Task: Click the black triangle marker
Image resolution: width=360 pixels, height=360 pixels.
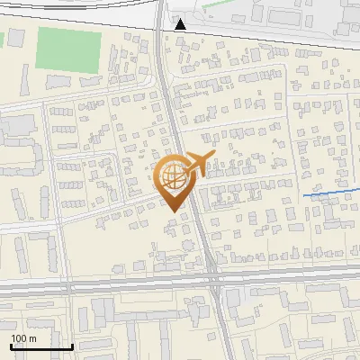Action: pos(181,24)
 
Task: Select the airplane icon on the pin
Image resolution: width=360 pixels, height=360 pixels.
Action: pos(193,165)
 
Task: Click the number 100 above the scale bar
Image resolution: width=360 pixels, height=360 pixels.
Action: pos(19,337)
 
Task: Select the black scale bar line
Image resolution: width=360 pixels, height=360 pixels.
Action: pos(41,346)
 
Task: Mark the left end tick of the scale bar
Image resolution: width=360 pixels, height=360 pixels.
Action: pos(11,345)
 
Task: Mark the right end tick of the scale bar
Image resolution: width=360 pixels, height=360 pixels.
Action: pos(72,345)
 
